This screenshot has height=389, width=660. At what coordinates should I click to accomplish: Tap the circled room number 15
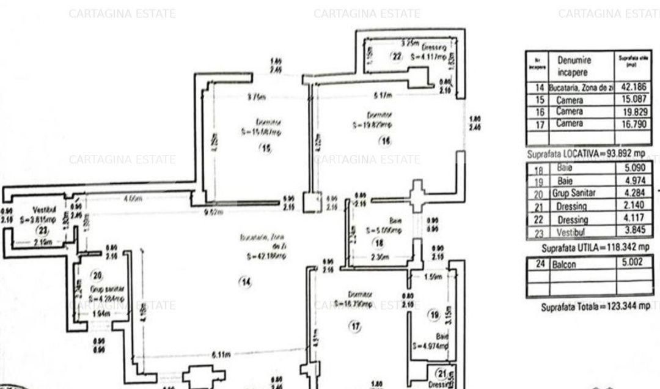coord(265,148)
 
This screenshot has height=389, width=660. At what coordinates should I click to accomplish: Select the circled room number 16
coord(384,142)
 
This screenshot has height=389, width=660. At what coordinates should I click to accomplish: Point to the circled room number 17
coord(355,327)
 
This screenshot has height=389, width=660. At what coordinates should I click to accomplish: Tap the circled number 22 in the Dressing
coord(397,57)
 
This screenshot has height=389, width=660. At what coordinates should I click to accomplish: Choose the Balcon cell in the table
coord(582,264)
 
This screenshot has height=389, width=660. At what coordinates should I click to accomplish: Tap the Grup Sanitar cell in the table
coord(582,193)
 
